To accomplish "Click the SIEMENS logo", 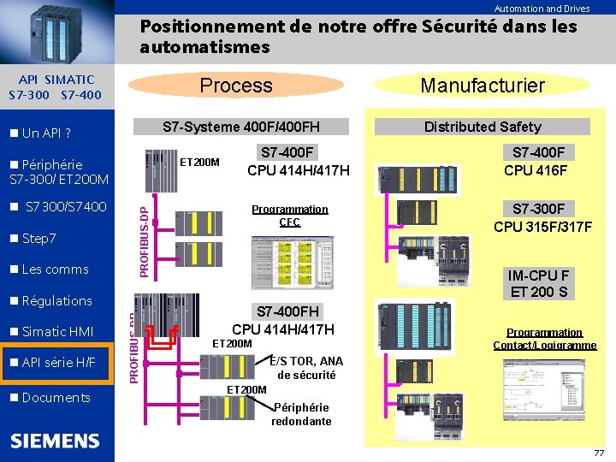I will coord(55,441).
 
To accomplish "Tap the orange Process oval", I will coord(235,85).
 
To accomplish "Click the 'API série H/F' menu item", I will coord(56,363).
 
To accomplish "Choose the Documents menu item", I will coord(55,397).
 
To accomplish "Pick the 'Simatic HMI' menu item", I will coord(56,332).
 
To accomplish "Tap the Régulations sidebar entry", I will coord(56,300).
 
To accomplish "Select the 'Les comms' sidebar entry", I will coord(54,269).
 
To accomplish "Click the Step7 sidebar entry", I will coord(38,238).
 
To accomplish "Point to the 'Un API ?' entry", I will coord(44,133).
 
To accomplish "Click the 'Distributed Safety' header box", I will coord(483,127).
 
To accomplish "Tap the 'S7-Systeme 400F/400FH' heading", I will coord(241,127).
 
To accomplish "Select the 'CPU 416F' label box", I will coord(540,162).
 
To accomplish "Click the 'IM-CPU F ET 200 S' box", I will coord(539,284).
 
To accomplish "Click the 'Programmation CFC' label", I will coord(289,216).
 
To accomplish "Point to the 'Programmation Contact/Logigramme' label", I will coord(544,339).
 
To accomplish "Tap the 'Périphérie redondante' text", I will coord(301,414).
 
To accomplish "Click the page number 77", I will coord(598,453).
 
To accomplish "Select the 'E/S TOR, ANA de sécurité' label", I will coord(305,368).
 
